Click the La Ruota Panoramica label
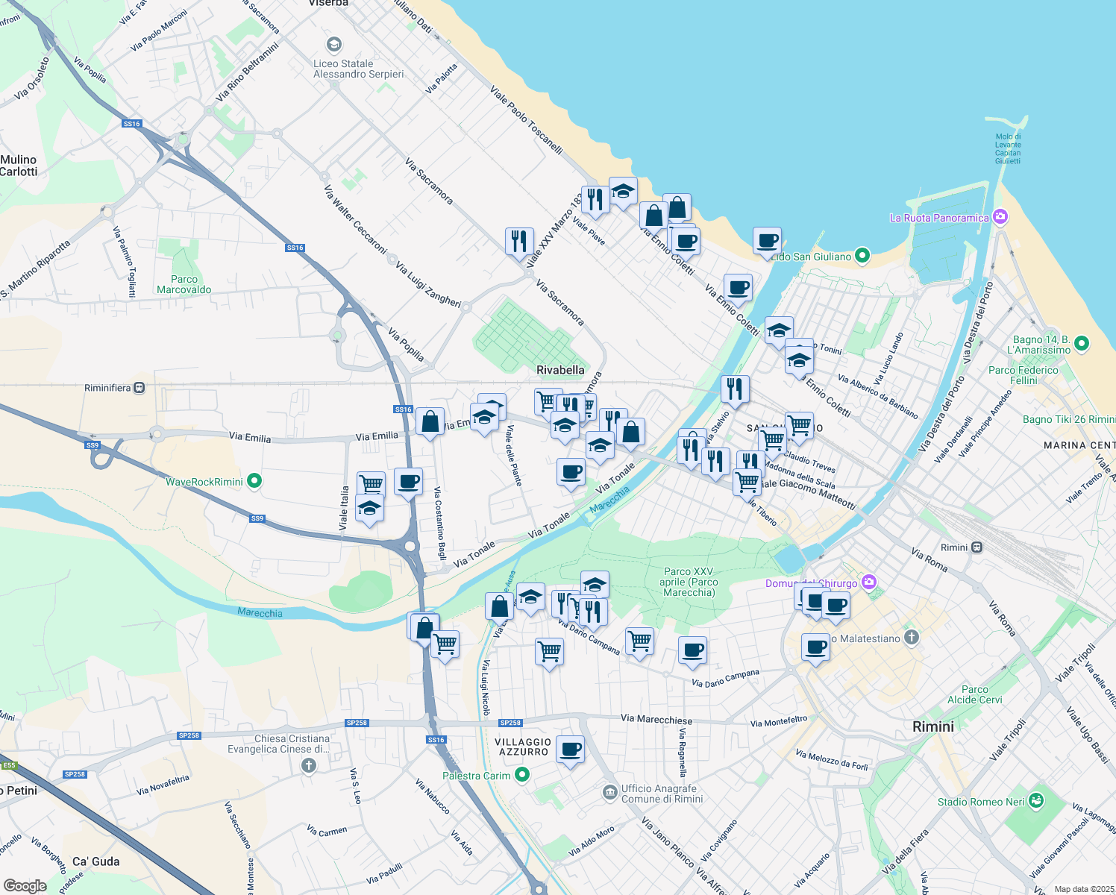pos(939,218)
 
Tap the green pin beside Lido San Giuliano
pos(862,256)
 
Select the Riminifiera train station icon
pos(139,388)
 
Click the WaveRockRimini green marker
pos(254,481)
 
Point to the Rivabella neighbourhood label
pos(560,370)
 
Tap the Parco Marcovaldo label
pos(184,284)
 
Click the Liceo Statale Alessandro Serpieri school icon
pos(334,45)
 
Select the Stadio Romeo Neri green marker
pos(1035,801)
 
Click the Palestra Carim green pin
pos(522,775)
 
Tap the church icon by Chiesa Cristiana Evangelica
pos(309,765)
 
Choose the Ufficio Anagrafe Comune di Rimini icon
pos(609,791)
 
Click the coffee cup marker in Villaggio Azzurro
pos(571,748)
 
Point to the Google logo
pos(25,885)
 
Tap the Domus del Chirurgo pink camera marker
pos(868,582)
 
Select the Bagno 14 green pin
pos(1082,344)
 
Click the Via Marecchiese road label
pos(656,720)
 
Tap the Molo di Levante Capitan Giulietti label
pos(1008,148)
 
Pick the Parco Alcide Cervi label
pos(975,694)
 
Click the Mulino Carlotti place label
pos(19,166)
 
